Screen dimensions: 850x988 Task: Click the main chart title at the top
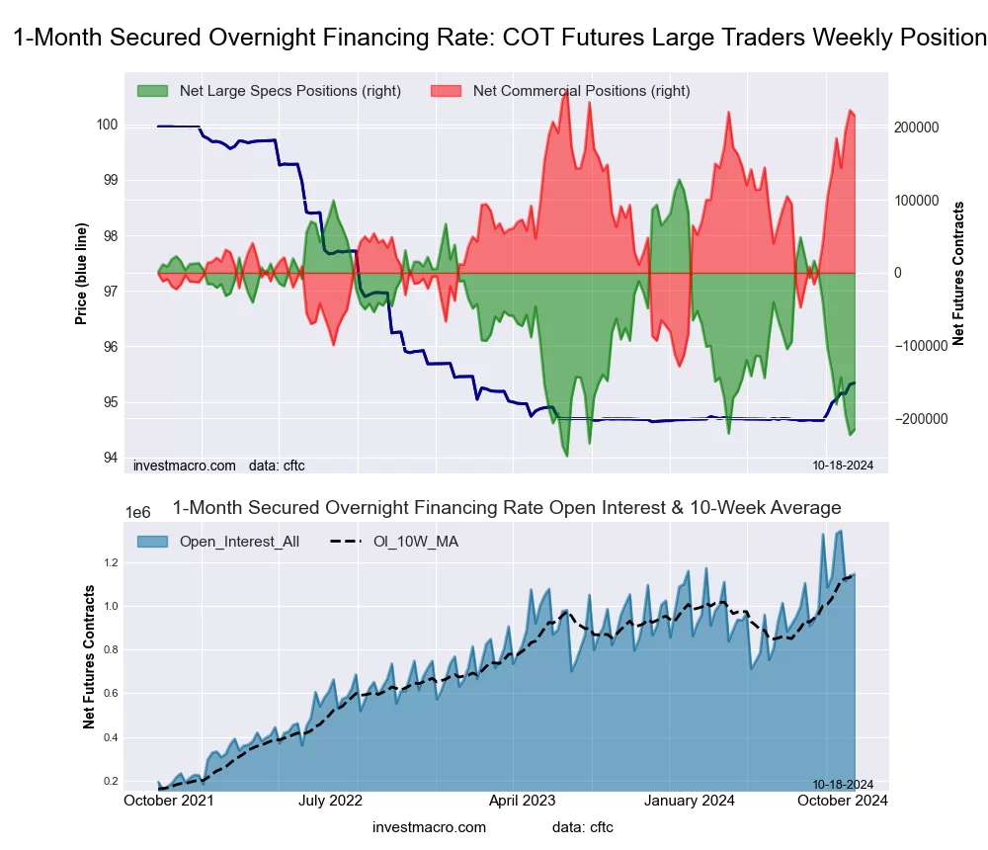click(499, 39)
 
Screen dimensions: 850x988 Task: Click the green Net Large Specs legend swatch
click(153, 91)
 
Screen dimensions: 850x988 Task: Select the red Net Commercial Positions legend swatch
click(447, 91)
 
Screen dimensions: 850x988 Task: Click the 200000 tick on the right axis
click(916, 127)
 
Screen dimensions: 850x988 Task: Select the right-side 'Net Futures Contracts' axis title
click(957, 273)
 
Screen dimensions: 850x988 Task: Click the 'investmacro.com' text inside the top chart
click(184, 465)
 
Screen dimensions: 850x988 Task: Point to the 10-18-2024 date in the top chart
click(836, 465)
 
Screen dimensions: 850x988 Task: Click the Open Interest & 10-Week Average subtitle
click(507, 508)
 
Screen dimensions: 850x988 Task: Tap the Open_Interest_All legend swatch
click(153, 542)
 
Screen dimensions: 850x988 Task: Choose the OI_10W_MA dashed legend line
click(341, 542)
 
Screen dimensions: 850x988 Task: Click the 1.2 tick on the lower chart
click(111, 562)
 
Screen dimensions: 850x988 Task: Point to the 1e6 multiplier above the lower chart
click(140, 512)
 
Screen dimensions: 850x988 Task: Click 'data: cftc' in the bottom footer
click(583, 827)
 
